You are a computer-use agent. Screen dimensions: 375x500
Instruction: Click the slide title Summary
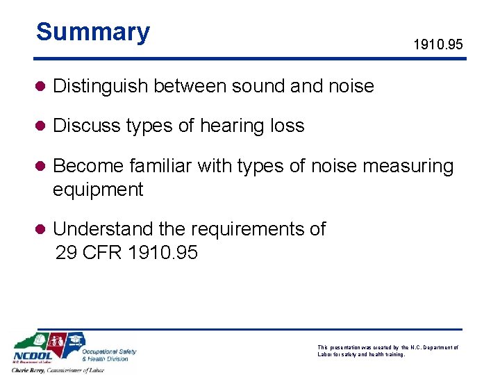pos(93,32)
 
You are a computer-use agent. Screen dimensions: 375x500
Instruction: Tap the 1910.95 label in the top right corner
pos(437,46)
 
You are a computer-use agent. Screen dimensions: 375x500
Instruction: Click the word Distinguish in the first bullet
pos(101,86)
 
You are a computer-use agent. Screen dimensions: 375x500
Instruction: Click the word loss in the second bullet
pos(287,126)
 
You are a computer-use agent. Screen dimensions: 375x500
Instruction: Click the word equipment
pos(98,189)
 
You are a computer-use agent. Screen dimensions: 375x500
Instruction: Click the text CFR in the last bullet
pos(101,252)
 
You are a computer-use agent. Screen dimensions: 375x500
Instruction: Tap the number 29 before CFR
pos(65,252)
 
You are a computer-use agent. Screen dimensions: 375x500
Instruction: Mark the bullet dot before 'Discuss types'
pos(42,126)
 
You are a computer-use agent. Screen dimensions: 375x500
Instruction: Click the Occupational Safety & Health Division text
pos(109,355)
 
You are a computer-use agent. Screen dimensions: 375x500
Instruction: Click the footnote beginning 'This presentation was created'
pos(387,351)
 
